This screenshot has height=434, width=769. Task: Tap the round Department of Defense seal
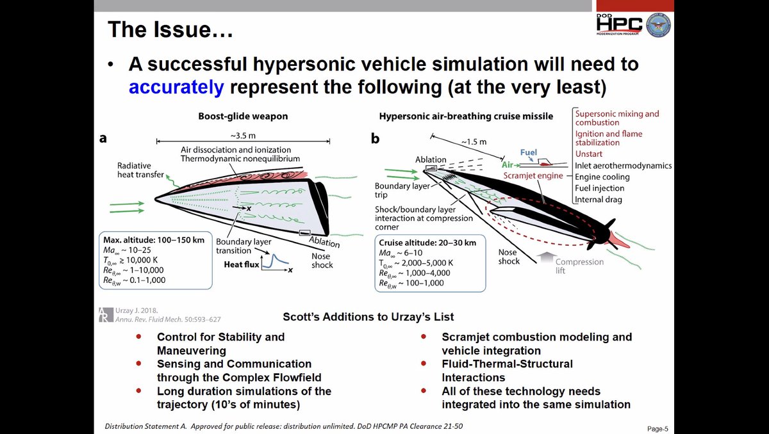pyautogui.click(x=658, y=24)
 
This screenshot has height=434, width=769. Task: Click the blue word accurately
pyautogui.click(x=176, y=86)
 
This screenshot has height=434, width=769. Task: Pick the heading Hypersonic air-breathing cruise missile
pyautogui.click(x=467, y=117)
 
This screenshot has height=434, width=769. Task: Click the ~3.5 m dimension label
pyautogui.click(x=244, y=136)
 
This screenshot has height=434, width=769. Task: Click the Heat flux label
pyautogui.click(x=241, y=264)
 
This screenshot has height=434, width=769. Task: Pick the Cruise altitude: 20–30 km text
pyautogui.click(x=427, y=243)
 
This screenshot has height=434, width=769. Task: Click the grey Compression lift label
pyautogui.click(x=579, y=266)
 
